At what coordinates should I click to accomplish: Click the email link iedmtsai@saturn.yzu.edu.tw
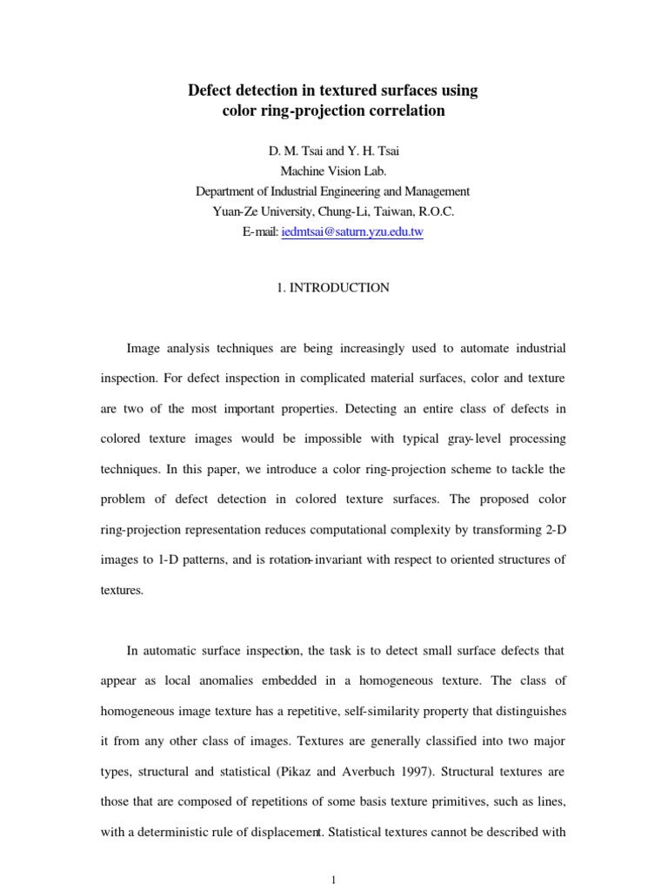pyautogui.click(x=352, y=232)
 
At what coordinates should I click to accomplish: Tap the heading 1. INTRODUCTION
pyautogui.click(x=334, y=287)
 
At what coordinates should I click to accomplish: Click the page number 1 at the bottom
pyautogui.click(x=334, y=880)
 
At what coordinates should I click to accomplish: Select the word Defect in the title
pyautogui.click(x=211, y=90)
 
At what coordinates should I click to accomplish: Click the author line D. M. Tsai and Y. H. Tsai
pyautogui.click(x=333, y=151)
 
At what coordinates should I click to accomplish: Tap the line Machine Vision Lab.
pyautogui.click(x=333, y=171)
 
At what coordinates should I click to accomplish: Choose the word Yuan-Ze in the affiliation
pyautogui.click(x=234, y=211)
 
